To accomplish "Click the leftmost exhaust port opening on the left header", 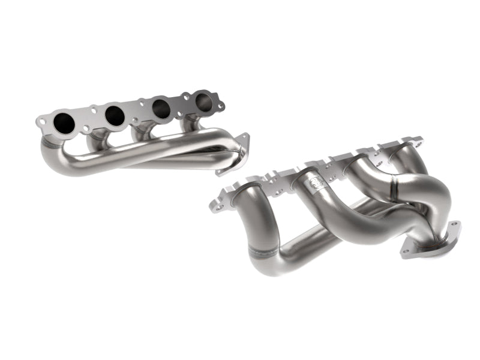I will pyautogui.click(x=64, y=123).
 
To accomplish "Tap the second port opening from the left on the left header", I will pyautogui.click(x=115, y=116).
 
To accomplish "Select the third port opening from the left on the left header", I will pyautogui.click(x=160, y=108).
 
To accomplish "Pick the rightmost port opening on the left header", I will pyautogui.click(x=203, y=101).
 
